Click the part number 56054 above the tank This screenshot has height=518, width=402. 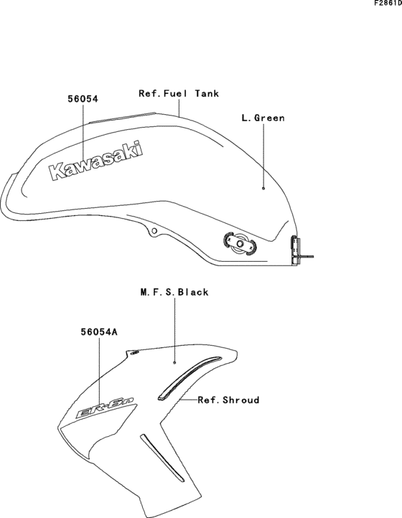click(x=83, y=99)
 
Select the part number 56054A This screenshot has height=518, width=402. click(x=99, y=331)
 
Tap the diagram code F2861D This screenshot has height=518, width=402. click(x=388, y=4)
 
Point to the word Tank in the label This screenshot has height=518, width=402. click(x=207, y=93)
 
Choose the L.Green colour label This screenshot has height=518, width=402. click(x=263, y=118)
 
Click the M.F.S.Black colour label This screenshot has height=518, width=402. click(x=174, y=292)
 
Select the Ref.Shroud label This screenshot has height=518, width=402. click(x=228, y=400)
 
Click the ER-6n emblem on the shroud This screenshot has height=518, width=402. click(x=106, y=409)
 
